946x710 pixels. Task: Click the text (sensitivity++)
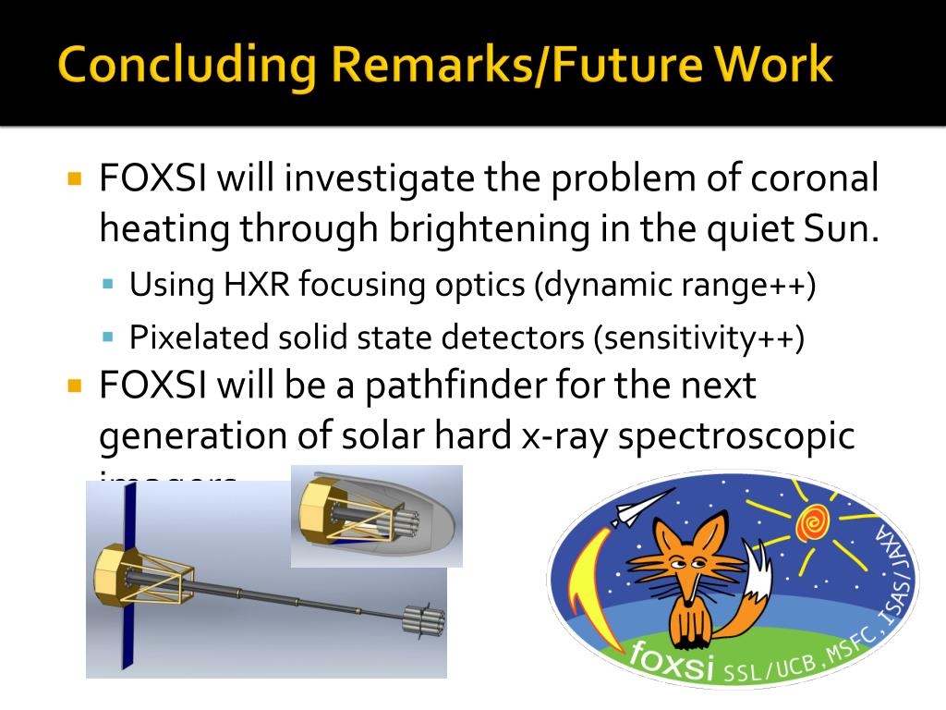(699, 337)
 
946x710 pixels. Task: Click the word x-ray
(557, 437)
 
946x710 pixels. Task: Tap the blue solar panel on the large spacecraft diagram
(128, 573)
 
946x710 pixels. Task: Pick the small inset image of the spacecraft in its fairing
(376, 516)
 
